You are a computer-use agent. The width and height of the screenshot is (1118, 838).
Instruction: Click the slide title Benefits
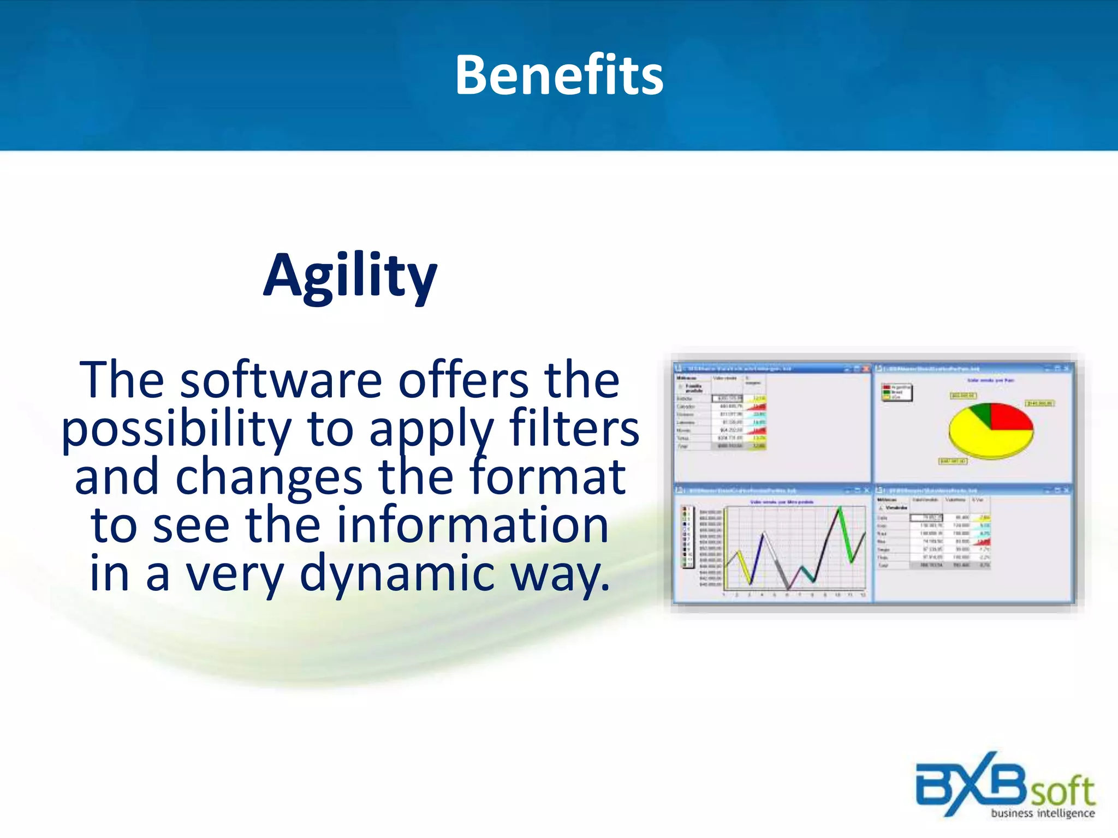(x=559, y=75)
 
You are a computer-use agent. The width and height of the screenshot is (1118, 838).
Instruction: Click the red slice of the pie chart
(x=1010, y=417)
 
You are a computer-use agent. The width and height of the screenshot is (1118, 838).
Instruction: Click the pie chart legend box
(x=896, y=392)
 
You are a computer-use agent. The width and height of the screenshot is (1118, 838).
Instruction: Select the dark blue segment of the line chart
(x=757, y=556)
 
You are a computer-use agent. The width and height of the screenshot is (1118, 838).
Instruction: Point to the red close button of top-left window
(x=865, y=369)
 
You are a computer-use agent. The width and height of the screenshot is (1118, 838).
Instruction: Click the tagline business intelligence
(x=1043, y=813)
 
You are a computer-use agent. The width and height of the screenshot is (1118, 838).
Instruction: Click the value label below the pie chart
(x=953, y=462)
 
